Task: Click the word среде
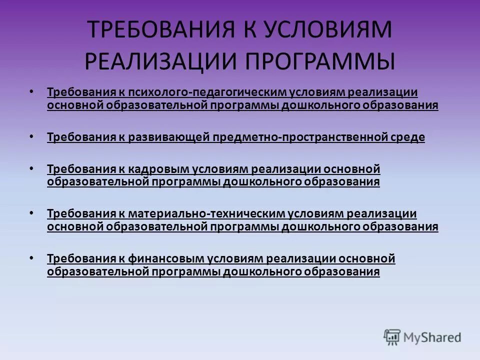click(409, 137)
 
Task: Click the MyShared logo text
click(432, 337)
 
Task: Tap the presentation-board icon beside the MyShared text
click(392, 337)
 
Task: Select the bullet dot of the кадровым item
click(31, 168)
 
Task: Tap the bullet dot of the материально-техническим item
click(31, 212)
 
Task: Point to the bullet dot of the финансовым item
click(31, 258)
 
